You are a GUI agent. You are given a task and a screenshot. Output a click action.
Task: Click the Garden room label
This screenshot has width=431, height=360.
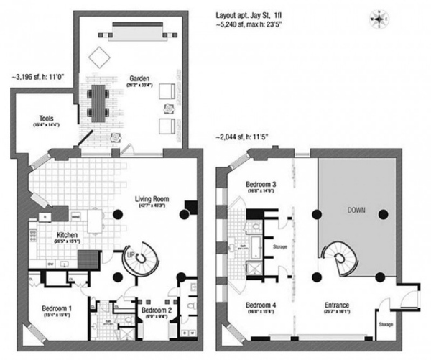(x=139, y=78)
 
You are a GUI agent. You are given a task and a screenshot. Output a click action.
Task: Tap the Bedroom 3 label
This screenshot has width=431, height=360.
(x=260, y=184)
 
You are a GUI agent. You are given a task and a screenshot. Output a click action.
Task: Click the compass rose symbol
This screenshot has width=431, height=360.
(x=378, y=17)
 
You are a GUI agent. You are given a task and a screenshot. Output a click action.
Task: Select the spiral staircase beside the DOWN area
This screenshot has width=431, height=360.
(x=335, y=257)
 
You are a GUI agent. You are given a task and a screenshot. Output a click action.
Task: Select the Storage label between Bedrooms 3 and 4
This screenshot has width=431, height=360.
(x=279, y=248)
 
